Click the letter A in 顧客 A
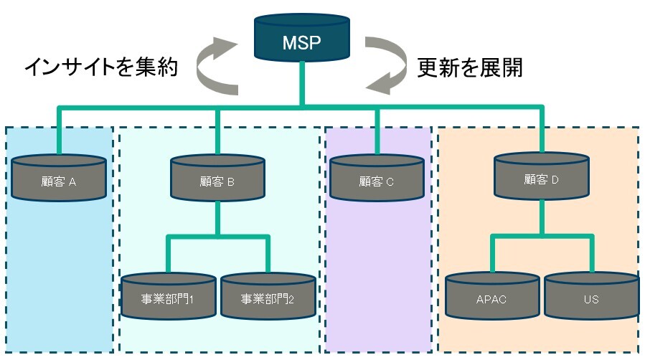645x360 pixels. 72,182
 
